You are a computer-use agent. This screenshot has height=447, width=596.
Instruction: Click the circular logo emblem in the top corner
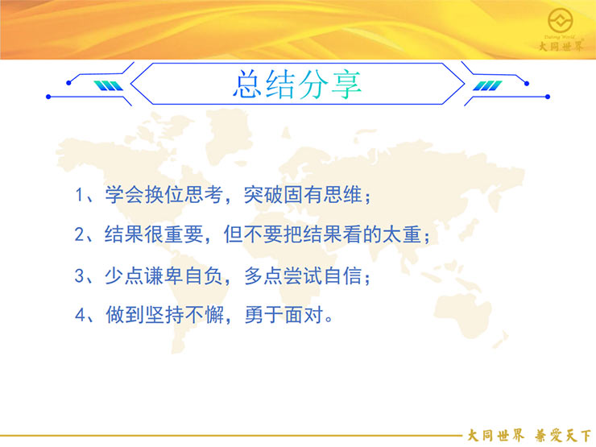561,20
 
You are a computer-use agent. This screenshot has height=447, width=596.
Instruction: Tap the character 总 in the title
247,84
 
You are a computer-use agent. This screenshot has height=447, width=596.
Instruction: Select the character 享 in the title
346,85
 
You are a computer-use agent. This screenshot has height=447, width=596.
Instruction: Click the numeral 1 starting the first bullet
79,195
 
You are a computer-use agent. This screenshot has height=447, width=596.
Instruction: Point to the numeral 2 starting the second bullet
80,234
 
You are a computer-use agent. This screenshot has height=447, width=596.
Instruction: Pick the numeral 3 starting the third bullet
80,275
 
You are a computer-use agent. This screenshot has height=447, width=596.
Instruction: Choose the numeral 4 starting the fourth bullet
80,315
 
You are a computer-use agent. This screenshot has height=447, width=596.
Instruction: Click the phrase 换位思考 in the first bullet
183,195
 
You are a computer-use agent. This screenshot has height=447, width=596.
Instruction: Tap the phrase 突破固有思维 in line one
303,195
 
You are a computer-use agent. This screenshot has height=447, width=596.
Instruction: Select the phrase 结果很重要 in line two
154,234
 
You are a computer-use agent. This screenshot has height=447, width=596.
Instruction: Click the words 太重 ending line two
401,234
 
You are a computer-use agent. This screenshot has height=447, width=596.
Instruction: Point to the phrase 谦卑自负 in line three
183,275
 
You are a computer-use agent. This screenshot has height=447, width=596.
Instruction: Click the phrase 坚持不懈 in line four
184,315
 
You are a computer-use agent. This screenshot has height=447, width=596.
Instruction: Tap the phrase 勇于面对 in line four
284,315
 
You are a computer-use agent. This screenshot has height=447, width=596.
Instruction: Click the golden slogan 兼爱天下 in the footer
563,436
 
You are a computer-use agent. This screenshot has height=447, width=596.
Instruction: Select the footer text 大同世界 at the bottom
495,436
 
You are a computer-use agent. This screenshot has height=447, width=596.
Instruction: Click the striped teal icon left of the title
109,86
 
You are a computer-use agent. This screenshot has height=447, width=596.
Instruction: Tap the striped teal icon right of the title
487,86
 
